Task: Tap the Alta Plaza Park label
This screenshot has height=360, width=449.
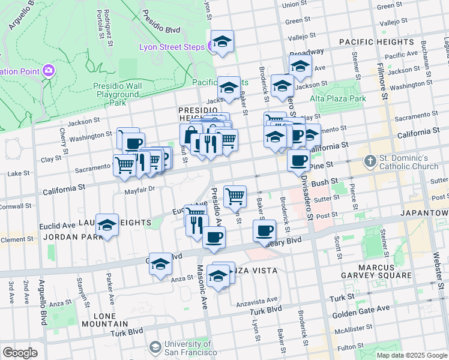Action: [x=337, y=98]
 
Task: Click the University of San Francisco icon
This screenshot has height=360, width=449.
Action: [x=155, y=347]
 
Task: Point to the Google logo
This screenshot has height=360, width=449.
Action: [x=20, y=352]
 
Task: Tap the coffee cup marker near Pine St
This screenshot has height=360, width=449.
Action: [x=298, y=161]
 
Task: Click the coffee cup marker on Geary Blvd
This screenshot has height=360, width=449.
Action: [x=264, y=230]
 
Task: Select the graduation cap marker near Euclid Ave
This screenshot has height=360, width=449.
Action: [x=107, y=225]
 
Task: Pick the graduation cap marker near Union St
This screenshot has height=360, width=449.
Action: [x=222, y=41]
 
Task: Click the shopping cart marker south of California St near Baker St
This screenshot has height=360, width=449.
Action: [x=235, y=196]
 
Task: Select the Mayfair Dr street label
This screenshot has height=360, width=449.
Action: [x=140, y=189]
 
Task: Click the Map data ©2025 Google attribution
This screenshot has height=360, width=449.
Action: [x=411, y=355]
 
